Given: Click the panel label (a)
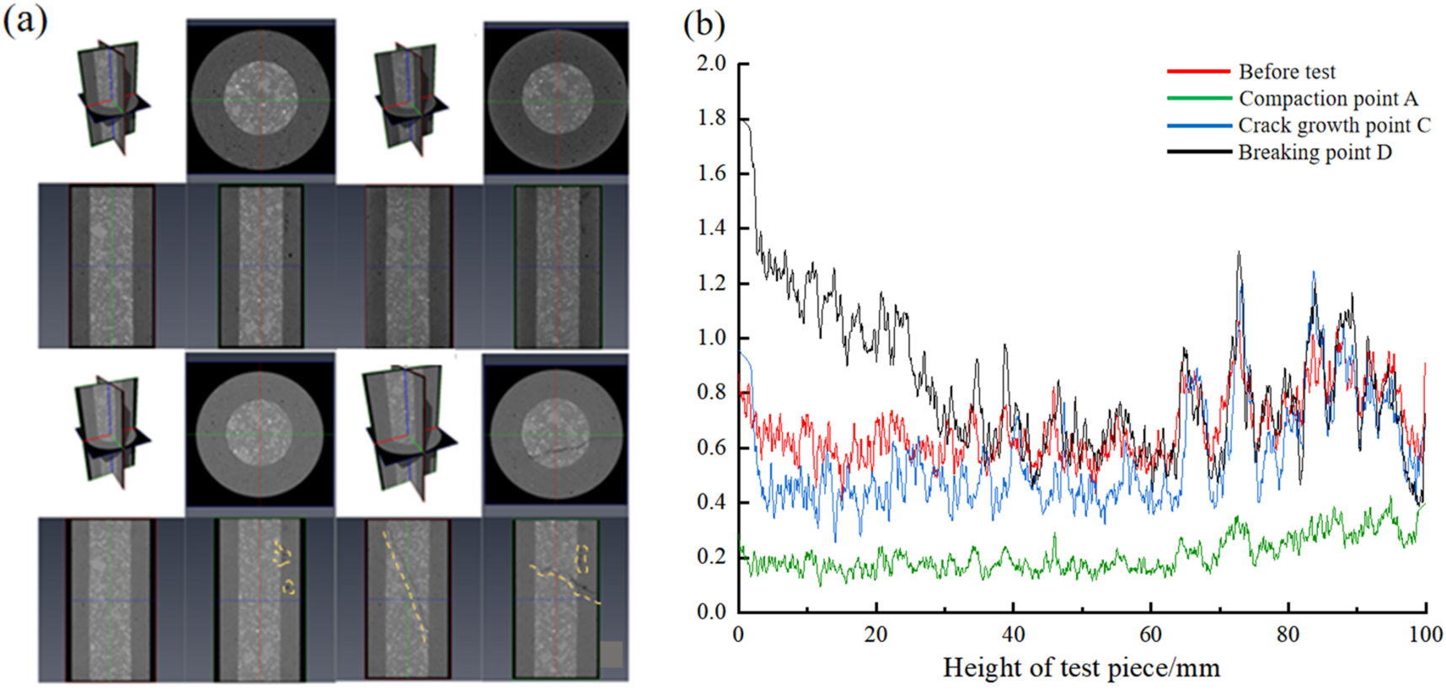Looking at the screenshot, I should point(25,20).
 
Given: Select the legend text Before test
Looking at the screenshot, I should point(1286,72).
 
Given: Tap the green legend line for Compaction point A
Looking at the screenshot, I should point(1199,99).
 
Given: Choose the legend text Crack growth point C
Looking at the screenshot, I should point(1334,126).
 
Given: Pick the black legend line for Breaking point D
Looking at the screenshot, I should point(1199,152).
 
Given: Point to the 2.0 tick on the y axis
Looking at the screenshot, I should point(712,63).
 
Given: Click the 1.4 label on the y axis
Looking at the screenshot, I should point(712,227).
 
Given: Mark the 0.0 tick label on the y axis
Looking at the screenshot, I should point(712,612).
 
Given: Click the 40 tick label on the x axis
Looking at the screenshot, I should point(1013,634).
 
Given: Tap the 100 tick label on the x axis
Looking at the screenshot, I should point(1425,634).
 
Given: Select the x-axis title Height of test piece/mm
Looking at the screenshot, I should point(1081,668).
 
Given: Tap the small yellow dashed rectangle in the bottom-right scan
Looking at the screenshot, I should point(581,559).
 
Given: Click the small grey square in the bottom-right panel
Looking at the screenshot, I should point(612,655).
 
